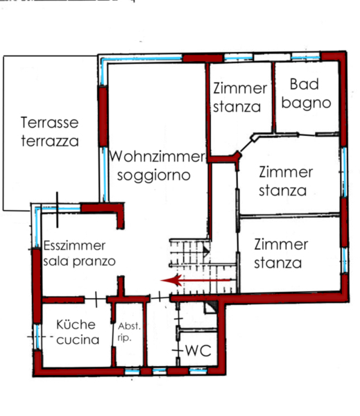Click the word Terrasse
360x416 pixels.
coord(50,122)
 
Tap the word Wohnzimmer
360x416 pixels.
coord(157,156)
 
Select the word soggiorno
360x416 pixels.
coord(154,175)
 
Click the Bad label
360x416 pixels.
coord(304,84)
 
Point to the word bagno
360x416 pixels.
coord(306,103)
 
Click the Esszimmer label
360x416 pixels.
coord(74,245)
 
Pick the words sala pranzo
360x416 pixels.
coord(79,261)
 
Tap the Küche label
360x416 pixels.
coord(76,324)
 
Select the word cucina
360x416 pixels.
coord(78,340)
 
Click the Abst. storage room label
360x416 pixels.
coord(129,326)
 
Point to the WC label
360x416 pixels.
coord(198,350)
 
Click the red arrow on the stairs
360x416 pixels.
coord(195,280)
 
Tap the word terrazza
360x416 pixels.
coord(50,141)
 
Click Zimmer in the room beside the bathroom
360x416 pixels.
coord(240,88)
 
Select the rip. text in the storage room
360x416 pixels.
coord(124,338)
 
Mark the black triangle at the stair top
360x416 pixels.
coord(206,251)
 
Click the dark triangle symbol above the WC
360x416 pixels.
coord(213,306)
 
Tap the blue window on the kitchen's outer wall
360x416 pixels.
coord(38,336)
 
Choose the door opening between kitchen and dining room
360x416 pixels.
coord(96,300)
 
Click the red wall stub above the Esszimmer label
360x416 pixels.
coord(121,215)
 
